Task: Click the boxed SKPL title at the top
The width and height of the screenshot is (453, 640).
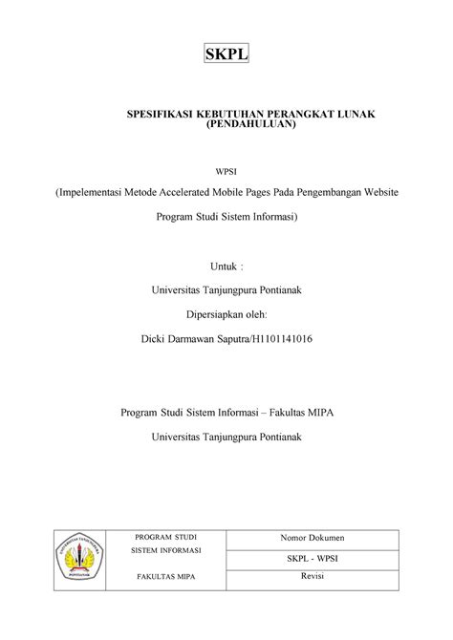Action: (x=226, y=54)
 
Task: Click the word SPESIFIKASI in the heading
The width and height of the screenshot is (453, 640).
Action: (x=162, y=115)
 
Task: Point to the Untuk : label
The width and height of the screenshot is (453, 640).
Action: (x=226, y=265)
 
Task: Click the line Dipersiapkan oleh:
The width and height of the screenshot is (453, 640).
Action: (x=226, y=313)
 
